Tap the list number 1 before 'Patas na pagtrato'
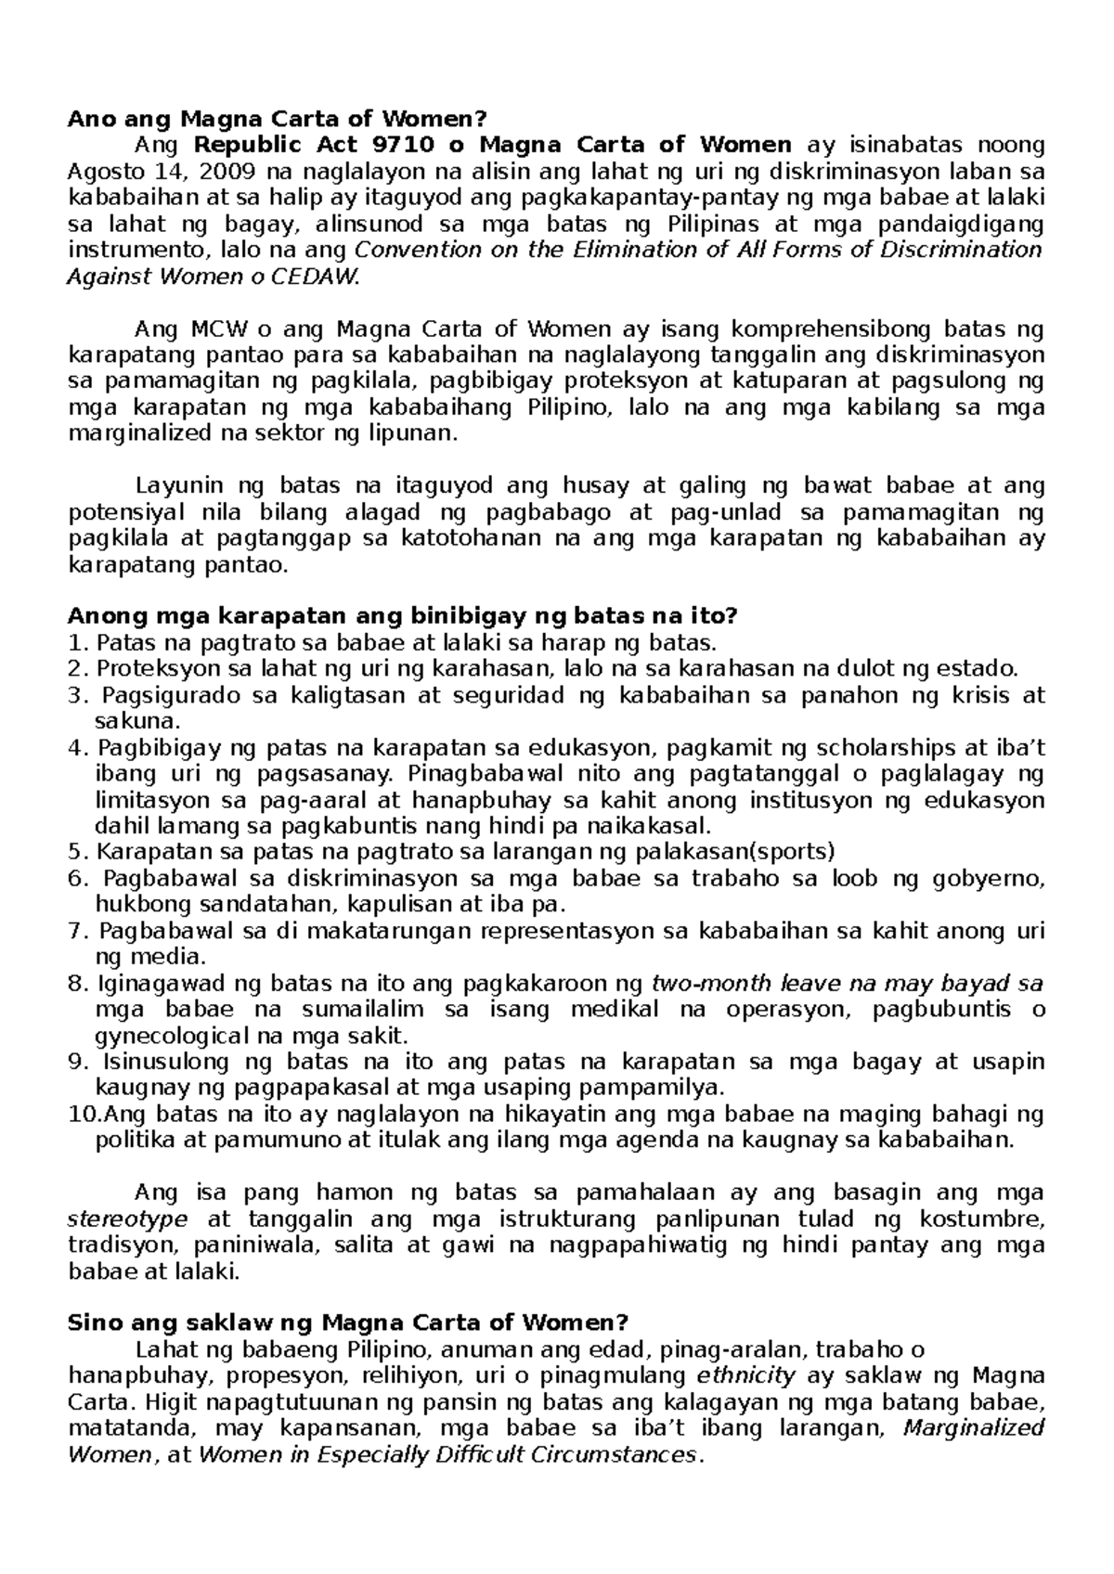77,642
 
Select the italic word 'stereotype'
128,1219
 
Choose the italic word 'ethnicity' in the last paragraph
746,1375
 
